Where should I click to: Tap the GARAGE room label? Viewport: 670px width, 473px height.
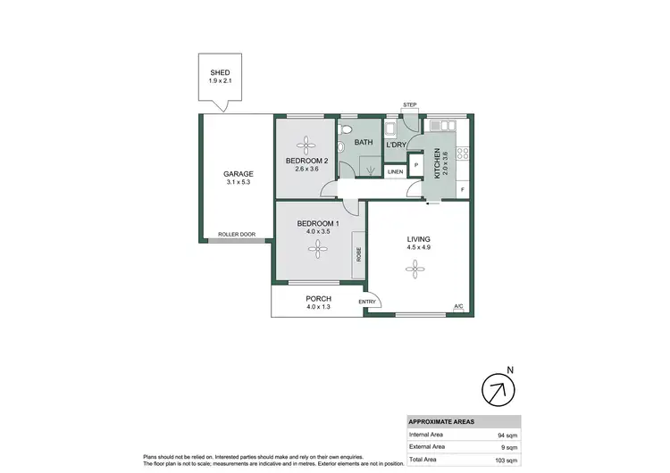[239, 174]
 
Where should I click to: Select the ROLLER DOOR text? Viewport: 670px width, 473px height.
[237, 235]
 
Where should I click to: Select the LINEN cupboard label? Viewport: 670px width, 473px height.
[394, 172]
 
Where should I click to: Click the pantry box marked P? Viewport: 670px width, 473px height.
[415, 165]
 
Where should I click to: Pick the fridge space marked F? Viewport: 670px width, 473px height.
[462, 190]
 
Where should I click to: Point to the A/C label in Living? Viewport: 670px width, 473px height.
[458, 307]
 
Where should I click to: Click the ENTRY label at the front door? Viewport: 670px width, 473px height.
[367, 303]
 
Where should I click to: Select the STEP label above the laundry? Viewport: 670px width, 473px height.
[410, 105]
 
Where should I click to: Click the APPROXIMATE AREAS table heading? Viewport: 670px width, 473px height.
[441, 421]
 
